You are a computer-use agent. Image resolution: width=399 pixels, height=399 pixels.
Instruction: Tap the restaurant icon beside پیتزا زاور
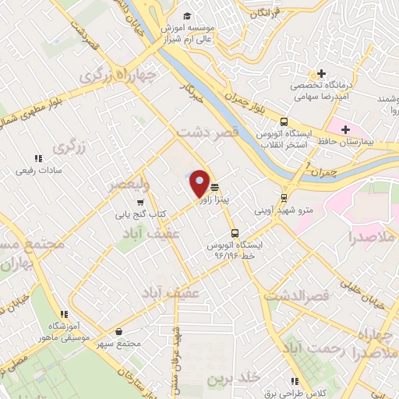(x=214, y=186)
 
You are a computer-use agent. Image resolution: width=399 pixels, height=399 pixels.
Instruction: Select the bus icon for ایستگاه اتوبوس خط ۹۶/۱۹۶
(x=235, y=233)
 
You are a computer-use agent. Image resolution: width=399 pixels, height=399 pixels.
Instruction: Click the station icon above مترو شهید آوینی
(x=283, y=197)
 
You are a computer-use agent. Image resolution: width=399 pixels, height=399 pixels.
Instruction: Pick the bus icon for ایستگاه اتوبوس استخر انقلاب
(x=284, y=122)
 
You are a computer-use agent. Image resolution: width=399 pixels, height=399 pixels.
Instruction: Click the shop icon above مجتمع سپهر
(x=118, y=331)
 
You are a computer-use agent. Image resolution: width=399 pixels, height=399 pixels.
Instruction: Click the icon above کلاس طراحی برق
(x=294, y=382)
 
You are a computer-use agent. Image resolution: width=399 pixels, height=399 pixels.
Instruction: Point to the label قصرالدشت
(x=297, y=296)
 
